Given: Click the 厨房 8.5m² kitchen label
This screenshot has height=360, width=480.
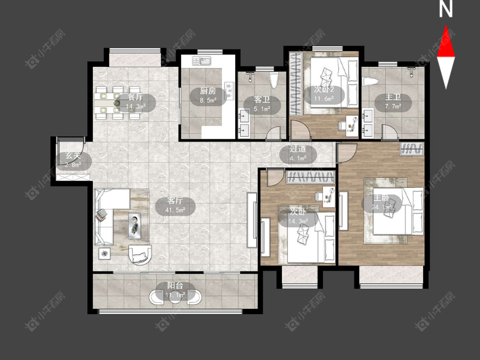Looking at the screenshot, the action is [208, 95].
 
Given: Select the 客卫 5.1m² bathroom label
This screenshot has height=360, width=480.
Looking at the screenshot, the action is [262, 104].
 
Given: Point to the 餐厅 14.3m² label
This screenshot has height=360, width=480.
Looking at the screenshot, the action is [136, 102].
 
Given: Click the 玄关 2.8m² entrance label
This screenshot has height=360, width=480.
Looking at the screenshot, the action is [73, 160].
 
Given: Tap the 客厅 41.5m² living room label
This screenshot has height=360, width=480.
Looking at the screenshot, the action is [175, 206].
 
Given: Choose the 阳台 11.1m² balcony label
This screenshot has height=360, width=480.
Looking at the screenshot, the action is [175, 290].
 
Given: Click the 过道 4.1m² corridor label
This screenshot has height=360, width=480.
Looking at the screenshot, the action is [298, 154].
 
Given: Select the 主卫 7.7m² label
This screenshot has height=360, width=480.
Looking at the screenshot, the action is [393, 102].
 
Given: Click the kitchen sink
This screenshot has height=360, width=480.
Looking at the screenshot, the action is [201, 61].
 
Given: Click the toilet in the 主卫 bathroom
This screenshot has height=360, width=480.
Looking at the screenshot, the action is [370, 81].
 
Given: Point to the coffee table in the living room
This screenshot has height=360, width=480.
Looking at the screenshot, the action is [135, 226].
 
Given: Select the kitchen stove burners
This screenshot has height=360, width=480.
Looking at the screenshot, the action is [229, 91].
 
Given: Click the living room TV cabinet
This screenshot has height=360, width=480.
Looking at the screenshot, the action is [252, 220].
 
